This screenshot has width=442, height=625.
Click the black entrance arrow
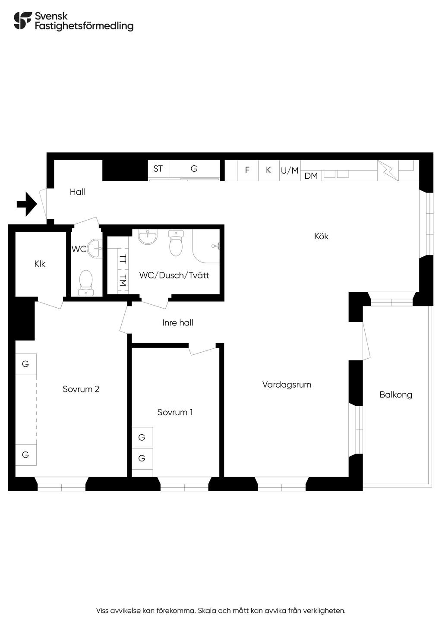(x=27, y=204)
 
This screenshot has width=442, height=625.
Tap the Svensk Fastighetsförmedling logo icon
(x=23, y=21)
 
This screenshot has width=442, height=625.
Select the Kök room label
(x=321, y=237)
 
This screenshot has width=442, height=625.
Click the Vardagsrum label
(x=287, y=385)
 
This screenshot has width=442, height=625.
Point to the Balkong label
(x=396, y=395)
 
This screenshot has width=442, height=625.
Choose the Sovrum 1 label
(x=175, y=412)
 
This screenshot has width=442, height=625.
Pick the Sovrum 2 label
(x=81, y=389)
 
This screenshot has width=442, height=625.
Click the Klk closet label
(x=40, y=264)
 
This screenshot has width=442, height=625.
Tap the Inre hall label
(x=178, y=323)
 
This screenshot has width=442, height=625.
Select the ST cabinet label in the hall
(x=158, y=169)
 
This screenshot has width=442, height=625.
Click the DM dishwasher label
(x=311, y=176)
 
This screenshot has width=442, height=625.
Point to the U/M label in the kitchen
(x=290, y=170)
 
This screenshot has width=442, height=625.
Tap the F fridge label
(x=247, y=170)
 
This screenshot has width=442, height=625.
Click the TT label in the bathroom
(x=123, y=259)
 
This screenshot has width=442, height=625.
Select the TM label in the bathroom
(x=123, y=281)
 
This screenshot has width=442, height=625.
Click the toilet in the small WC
(x=86, y=283)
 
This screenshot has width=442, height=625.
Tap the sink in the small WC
(x=95, y=248)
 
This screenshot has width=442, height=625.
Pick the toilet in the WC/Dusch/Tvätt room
(x=176, y=243)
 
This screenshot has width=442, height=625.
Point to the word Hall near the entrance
(x=77, y=192)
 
